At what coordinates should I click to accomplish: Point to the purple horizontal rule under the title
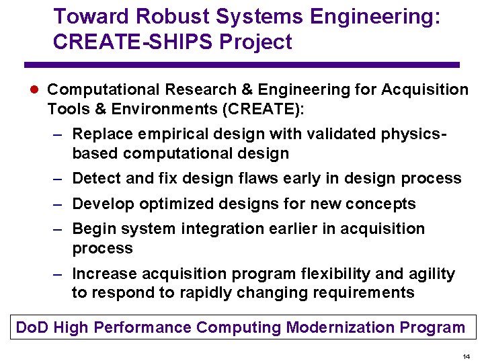click(242, 65)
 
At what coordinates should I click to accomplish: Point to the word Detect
click(93, 178)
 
